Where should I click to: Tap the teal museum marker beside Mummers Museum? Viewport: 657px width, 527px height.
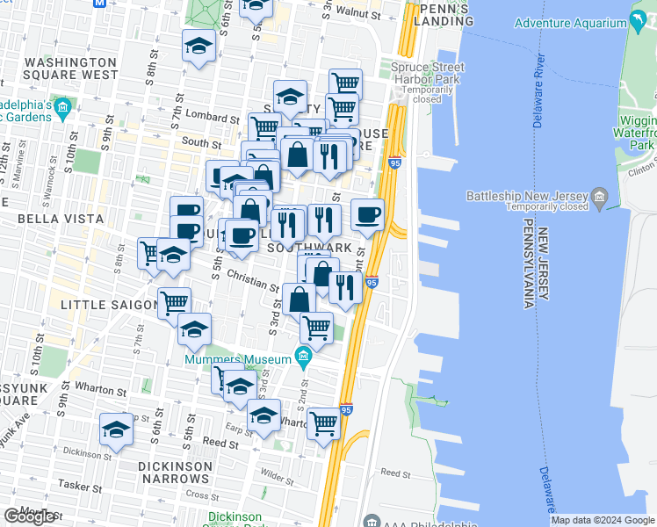303,356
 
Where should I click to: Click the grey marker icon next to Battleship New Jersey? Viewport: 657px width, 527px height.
600,195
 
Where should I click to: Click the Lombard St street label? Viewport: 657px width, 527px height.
211,118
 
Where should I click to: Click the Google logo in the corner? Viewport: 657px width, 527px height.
30,516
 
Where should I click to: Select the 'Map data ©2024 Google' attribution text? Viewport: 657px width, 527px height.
603,520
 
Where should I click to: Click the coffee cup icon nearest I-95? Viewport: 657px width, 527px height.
368,213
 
